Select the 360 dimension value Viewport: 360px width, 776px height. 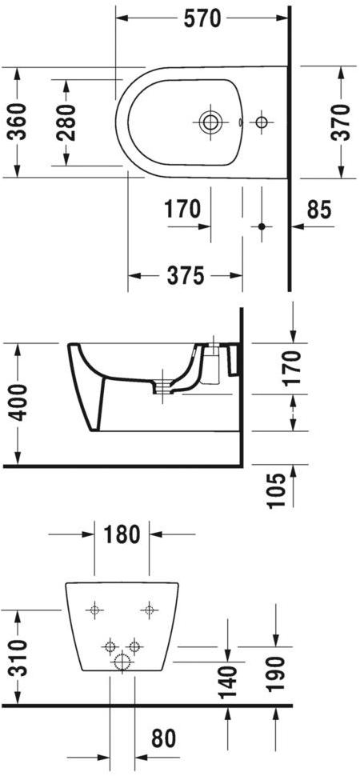pos(18,122)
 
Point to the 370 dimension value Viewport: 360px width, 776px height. pos(342,122)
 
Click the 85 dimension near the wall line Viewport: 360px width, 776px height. pos(318,210)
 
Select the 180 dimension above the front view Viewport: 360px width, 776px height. pos(122,534)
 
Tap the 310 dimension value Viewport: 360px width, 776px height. pos(18,658)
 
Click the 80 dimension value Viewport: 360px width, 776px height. pos(165,738)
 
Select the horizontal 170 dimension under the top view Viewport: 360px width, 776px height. pos(182,210)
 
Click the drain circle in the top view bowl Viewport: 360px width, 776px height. pos(210,122)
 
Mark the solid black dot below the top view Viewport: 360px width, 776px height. pos(260,227)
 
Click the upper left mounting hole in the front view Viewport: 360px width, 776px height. pos(95,611)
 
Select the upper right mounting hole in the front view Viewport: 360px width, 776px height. pos(149,611)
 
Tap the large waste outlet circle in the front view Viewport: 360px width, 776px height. pos(122,661)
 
